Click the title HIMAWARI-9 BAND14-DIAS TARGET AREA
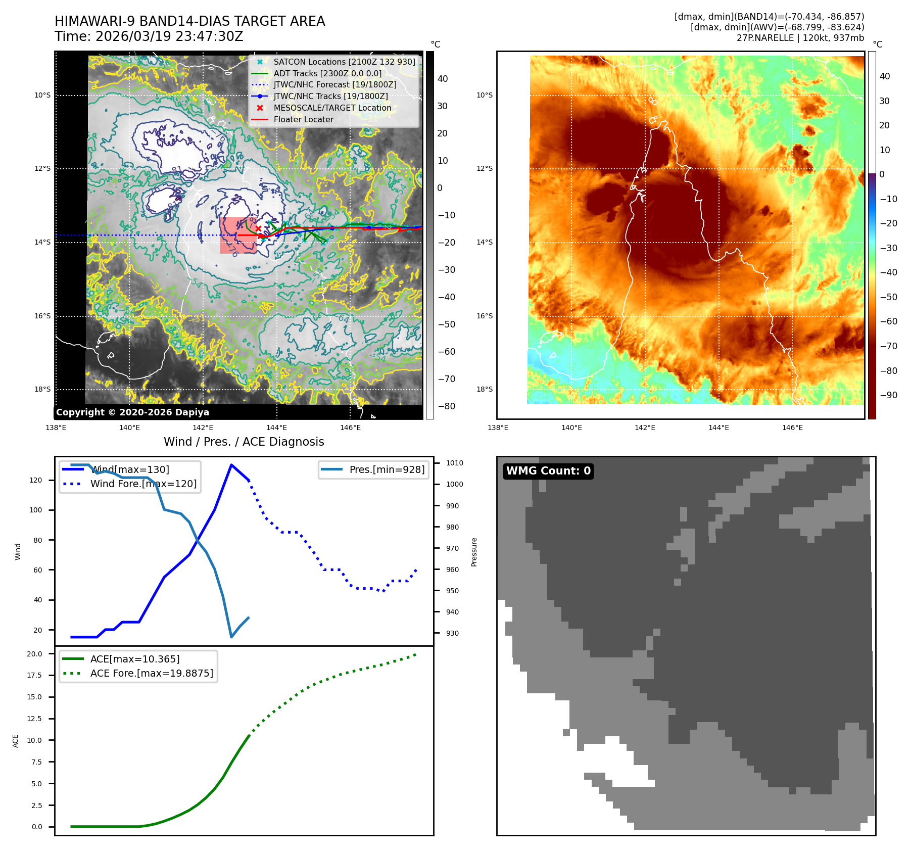pyautogui.click(x=189, y=21)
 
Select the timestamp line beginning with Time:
pyautogui.click(x=149, y=36)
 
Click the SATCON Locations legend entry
pyautogui.click(x=344, y=62)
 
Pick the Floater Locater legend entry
pyautogui.click(x=303, y=119)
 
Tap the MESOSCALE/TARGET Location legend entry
pyautogui.click(x=332, y=108)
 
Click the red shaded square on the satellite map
pyautogui.click(x=237, y=235)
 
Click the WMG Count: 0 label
pyautogui.click(x=548, y=471)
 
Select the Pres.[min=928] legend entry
pyautogui.click(x=387, y=469)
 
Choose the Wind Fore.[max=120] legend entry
pyautogui.click(x=143, y=484)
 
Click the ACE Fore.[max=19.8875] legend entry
pyautogui.click(x=151, y=673)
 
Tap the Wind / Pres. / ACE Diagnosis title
pyautogui.click(x=244, y=442)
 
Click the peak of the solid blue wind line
pyautogui.click(x=231, y=465)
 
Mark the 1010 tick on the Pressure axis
pyautogui.click(x=454, y=463)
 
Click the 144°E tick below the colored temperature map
pyautogui.click(x=719, y=428)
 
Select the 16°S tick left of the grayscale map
pyautogui.click(x=42, y=316)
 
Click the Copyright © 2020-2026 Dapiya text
pyautogui.click(x=132, y=412)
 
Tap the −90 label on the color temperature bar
pyautogui.click(x=888, y=395)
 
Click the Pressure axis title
pyautogui.click(x=474, y=552)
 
